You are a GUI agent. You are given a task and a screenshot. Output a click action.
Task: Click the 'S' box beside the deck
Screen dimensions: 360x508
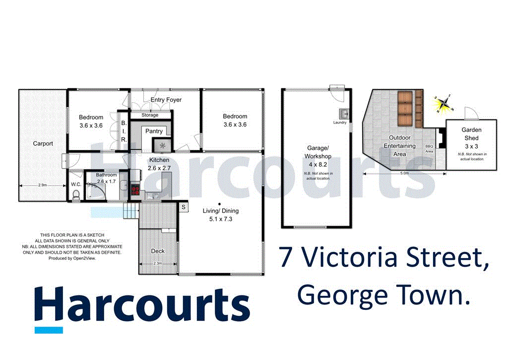point(183,207)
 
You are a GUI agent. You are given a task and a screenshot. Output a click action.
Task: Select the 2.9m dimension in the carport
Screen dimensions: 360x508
point(42,185)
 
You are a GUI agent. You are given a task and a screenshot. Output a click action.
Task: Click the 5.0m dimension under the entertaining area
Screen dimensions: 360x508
point(404,173)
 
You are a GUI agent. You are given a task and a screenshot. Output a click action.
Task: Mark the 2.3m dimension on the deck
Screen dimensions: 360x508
point(158,263)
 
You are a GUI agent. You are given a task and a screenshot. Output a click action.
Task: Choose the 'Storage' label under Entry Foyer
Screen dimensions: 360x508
point(150,115)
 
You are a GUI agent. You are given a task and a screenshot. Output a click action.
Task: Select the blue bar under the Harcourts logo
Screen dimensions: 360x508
point(49,330)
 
